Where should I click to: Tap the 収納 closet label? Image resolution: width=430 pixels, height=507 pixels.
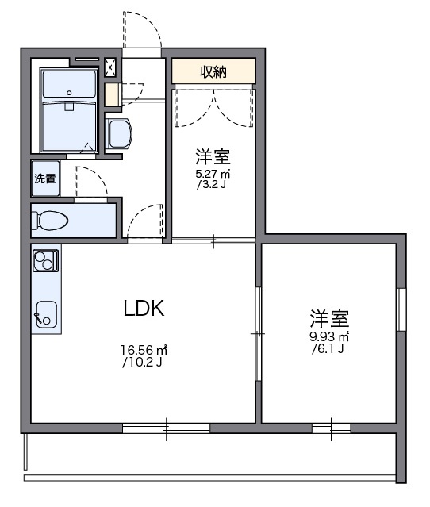[x=213, y=71]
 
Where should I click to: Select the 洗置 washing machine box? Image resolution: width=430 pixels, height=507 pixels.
[x=45, y=179]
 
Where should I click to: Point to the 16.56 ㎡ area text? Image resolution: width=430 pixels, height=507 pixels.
[x=144, y=349]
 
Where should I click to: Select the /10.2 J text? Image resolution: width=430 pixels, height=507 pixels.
[x=143, y=363]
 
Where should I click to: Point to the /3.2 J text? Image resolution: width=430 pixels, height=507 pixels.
[x=212, y=186]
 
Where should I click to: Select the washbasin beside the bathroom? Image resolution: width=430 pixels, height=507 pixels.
[x=119, y=133]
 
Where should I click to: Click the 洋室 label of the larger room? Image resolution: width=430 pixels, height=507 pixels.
[x=329, y=319]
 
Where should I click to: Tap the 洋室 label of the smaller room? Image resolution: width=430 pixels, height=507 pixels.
[x=213, y=156]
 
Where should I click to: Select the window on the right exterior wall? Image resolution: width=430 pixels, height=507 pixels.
[x=401, y=309]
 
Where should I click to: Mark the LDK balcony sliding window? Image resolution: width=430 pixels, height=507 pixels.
[x=166, y=428]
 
